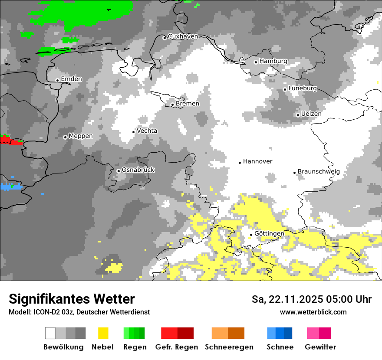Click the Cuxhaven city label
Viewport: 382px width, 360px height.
click(x=183, y=36)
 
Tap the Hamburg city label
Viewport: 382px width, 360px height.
click(x=273, y=61)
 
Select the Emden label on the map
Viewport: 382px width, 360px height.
click(x=71, y=79)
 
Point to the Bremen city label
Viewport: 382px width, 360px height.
click(x=188, y=104)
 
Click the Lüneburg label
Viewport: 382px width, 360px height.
click(x=303, y=88)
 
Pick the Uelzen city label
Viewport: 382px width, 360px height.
click(x=311, y=114)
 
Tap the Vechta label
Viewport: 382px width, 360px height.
click(x=147, y=131)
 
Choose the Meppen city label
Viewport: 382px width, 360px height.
click(x=81, y=136)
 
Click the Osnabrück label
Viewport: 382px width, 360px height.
click(x=138, y=170)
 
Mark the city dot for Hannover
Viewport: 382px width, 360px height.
click(x=240, y=163)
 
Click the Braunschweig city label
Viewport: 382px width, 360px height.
click(x=319, y=172)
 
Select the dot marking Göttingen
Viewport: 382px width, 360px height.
click(x=251, y=235)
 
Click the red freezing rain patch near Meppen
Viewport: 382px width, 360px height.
click(x=11, y=141)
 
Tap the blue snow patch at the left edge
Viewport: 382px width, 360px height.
click(x=8, y=187)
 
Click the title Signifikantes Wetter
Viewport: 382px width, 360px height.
click(x=72, y=299)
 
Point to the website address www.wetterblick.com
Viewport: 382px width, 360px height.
click(x=313, y=312)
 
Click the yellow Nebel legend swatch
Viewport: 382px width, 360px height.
click(x=103, y=333)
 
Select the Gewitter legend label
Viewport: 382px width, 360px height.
click(x=320, y=347)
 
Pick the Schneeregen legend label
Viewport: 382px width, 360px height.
click(x=229, y=347)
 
